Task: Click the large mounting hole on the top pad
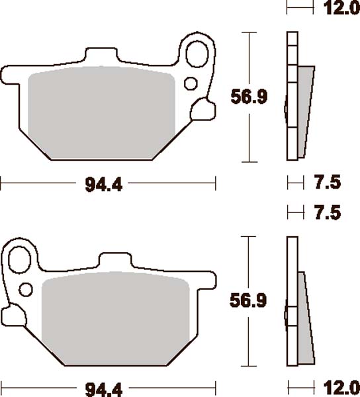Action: click(x=198, y=54)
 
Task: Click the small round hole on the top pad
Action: click(x=190, y=83)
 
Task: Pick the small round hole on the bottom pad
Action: click(x=26, y=288)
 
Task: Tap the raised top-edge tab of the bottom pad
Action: click(x=116, y=261)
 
